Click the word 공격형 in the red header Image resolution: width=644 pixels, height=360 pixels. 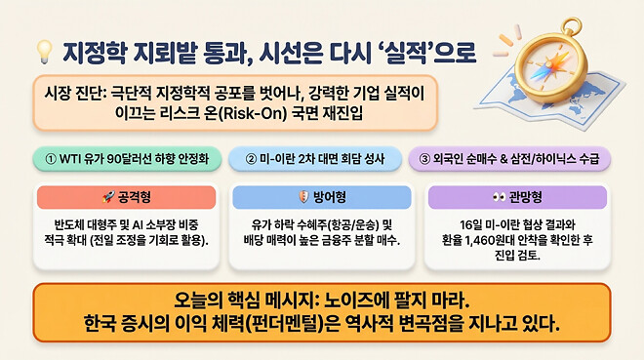[132, 197]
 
